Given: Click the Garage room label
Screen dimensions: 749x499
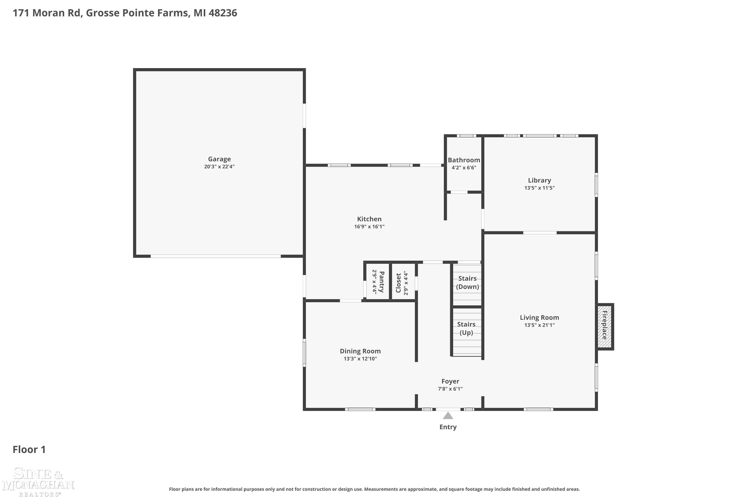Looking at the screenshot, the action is point(219,159).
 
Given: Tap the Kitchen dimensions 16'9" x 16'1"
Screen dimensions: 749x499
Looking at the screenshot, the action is point(370,227).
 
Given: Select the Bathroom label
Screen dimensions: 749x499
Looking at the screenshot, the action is point(464,160).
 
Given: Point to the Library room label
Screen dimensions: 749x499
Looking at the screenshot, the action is point(540,180).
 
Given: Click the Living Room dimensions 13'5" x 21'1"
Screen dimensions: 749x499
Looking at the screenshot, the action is point(540,325).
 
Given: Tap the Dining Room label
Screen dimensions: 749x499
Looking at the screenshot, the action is point(360,351).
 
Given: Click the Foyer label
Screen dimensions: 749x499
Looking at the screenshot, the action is point(450,381).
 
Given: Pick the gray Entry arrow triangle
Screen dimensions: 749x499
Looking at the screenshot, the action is point(448,416).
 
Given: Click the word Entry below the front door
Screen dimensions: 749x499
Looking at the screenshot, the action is point(448,427).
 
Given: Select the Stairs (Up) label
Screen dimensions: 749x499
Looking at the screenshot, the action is point(466,328).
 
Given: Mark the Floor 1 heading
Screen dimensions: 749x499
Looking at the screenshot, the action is point(29,449).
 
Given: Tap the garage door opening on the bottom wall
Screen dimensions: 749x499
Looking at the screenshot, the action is point(216,256).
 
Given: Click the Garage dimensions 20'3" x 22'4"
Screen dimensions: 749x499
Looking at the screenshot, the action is point(219,166).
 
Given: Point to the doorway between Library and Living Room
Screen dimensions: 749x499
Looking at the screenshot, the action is point(540,233).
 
